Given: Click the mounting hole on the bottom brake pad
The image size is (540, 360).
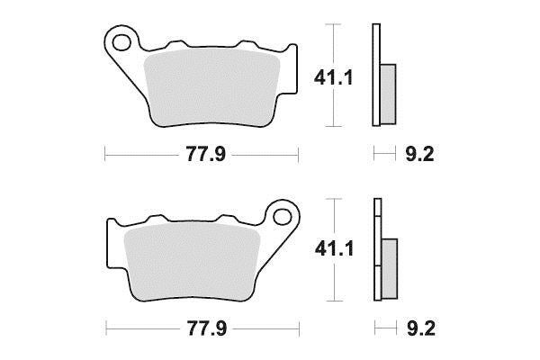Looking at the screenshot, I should click(x=283, y=216).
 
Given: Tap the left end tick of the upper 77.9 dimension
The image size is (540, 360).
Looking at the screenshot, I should click(x=106, y=155).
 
